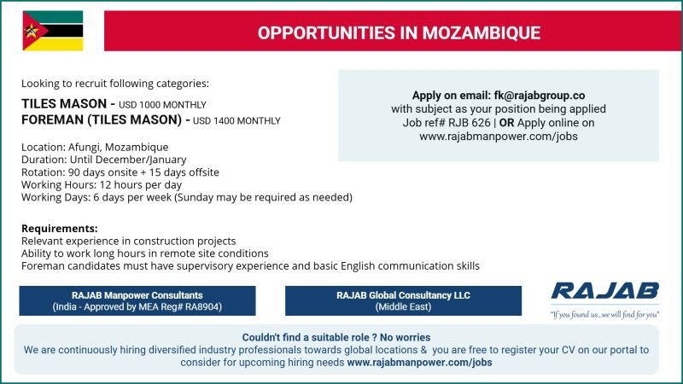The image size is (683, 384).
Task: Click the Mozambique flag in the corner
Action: (52, 31)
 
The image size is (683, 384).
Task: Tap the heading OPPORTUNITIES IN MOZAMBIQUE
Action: (399, 33)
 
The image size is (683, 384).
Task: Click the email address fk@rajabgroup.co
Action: (540, 95)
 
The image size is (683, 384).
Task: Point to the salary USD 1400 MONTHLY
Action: (237, 121)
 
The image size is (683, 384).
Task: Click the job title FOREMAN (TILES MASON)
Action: (102, 120)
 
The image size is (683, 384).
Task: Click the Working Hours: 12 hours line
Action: (102, 184)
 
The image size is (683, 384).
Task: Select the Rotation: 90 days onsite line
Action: (120, 172)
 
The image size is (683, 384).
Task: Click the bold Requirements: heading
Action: (59, 229)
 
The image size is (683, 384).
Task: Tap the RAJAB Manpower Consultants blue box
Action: (137, 300)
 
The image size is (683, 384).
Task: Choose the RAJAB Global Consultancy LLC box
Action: (403, 300)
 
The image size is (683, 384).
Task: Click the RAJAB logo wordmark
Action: (604, 291)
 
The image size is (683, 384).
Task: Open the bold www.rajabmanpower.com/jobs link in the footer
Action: (419, 362)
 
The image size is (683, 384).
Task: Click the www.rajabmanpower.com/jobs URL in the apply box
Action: (499, 136)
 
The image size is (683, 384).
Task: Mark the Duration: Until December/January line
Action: (104, 160)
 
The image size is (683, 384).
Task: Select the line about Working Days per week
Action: (187, 197)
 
